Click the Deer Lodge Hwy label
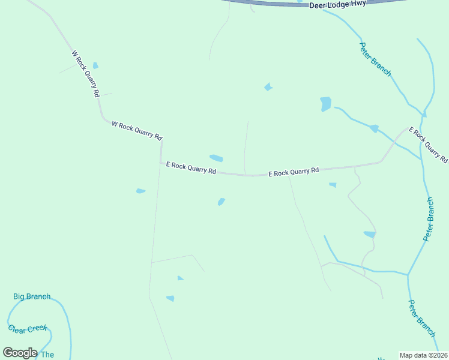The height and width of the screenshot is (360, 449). point(337,4)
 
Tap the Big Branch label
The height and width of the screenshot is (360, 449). point(32,296)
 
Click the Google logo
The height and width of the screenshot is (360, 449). point(20,353)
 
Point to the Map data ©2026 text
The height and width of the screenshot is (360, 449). point(423,355)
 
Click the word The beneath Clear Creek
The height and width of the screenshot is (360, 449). point(47,355)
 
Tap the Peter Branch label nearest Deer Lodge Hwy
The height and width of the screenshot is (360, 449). point(375,59)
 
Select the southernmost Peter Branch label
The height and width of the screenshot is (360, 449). point(421,318)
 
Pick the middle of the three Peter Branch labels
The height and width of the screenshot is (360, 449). point(428,219)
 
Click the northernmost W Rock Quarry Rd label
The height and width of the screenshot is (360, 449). point(85,74)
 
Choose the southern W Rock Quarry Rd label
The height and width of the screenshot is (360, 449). point(137,130)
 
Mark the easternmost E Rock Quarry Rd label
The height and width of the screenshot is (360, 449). point(428,145)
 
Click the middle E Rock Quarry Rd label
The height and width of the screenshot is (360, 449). point(293,172)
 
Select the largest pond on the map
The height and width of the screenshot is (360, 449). point(325,104)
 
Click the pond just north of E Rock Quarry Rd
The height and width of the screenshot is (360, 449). point(216,158)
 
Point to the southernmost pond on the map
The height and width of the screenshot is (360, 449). point(170,298)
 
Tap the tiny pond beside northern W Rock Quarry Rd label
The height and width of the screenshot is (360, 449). point(95,65)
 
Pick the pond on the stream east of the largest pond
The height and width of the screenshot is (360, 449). point(375,128)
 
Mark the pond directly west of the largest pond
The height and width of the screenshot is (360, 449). point(268,87)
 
